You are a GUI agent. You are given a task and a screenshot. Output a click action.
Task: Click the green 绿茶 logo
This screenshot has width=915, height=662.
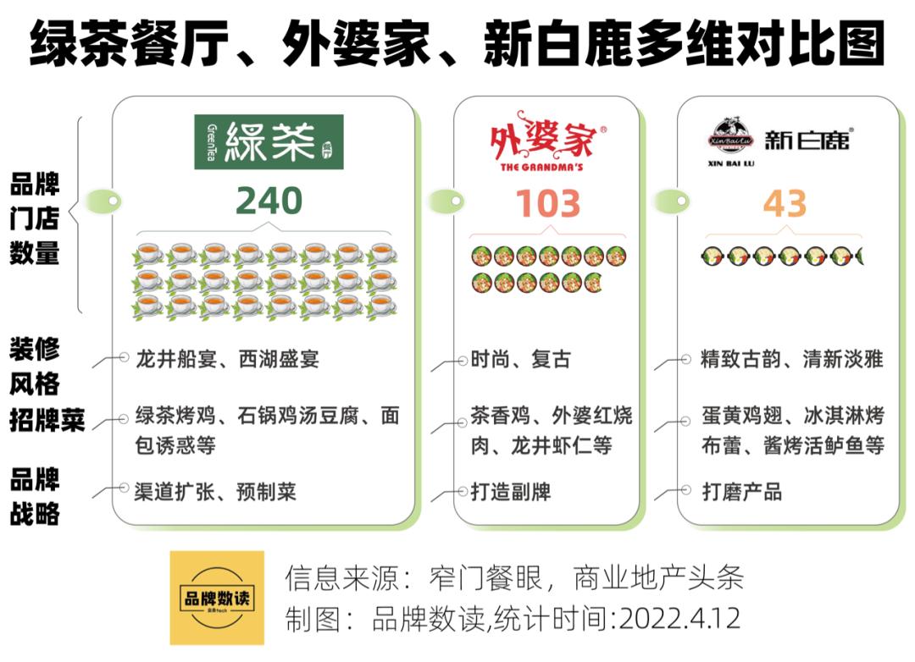click(x=269, y=141)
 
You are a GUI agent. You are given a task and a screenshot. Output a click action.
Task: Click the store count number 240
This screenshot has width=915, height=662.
click(x=269, y=201)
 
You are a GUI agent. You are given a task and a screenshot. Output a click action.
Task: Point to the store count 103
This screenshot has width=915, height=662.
click(x=547, y=204)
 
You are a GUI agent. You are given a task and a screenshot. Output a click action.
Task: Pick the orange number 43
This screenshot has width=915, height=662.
click(x=785, y=204)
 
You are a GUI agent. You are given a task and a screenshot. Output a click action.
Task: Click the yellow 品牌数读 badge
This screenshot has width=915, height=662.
click(x=217, y=598)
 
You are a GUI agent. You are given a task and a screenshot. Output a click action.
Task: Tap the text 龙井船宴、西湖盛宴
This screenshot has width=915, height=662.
click(x=226, y=359)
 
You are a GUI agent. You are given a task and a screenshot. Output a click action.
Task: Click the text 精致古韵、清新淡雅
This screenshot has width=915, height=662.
click(x=791, y=359)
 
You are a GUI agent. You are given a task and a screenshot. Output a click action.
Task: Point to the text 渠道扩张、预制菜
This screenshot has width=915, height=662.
click(x=214, y=491)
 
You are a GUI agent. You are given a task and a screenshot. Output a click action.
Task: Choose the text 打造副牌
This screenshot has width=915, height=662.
click(x=511, y=491)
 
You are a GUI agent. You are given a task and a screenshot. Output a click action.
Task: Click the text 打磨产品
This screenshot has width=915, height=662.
click(x=741, y=491)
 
